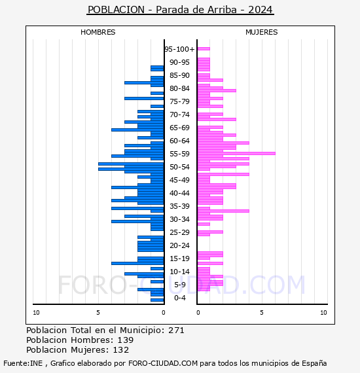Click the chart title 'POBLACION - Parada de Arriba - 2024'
(180, 10)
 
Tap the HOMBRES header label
(98, 32)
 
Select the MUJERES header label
(262, 32)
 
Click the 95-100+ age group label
(179, 49)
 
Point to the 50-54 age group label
(179, 167)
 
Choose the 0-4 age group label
(179, 298)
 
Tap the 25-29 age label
(179, 232)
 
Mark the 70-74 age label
(179, 115)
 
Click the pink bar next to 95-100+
(204, 49)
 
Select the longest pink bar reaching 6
(236, 153)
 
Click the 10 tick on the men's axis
(36, 313)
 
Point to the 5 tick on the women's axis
(262, 313)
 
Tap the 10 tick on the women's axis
(323, 313)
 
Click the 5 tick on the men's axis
(98, 313)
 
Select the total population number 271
(176, 330)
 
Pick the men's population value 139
(126, 340)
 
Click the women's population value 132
(121, 349)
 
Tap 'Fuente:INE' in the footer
(23, 363)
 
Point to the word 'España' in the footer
(314, 363)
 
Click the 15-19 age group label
(179, 258)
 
